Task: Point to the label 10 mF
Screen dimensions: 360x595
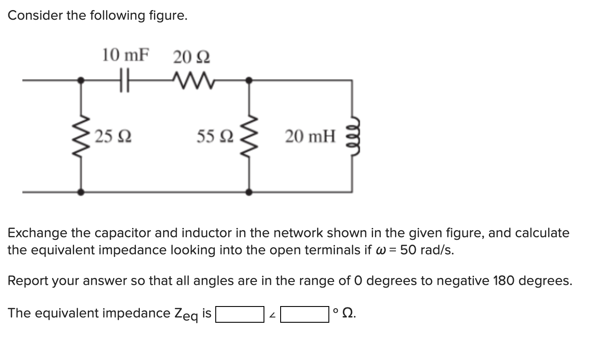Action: pos(125,56)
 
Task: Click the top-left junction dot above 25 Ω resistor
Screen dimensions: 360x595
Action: pos(81,80)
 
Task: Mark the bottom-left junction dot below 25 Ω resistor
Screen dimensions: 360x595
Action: pos(81,192)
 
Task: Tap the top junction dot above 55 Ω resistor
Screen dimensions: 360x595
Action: pos(249,80)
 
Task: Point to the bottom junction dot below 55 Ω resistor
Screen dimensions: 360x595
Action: pos(249,192)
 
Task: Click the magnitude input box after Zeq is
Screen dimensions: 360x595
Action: pos(239,314)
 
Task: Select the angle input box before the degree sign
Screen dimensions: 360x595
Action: pos(305,314)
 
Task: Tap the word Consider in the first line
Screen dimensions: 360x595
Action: pos(36,15)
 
